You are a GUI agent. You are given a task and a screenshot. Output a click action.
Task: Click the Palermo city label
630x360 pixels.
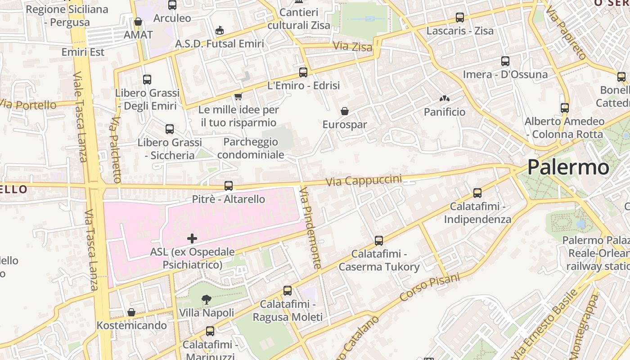click(x=568, y=167)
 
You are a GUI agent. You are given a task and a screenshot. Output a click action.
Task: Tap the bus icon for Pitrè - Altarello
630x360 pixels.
click(x=229, y=185)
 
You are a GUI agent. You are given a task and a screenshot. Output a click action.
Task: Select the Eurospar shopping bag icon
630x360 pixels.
click(x=345, y=111)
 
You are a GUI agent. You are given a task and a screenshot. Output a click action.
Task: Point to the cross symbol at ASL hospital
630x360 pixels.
click(x=192, y=238)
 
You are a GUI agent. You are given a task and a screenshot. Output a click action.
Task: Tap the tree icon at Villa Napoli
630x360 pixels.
click(x=207, y=299)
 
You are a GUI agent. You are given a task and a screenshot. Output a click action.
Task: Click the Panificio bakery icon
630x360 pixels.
click(x=445, y=99)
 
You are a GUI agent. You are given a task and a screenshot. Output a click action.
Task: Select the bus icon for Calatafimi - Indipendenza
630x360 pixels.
click(x=477, y=193)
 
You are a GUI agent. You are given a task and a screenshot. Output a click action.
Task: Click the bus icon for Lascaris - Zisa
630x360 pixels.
click(x=460, y=18)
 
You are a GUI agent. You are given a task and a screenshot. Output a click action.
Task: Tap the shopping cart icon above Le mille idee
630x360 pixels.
click(x=238, y=96)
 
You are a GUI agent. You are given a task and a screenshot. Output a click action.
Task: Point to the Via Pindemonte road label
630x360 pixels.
click(x=311, y=228)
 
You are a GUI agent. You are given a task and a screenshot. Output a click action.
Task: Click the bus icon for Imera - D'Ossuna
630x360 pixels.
click(x=505, y=61)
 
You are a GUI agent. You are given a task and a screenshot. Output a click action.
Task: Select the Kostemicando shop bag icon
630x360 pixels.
click(x=131, y=312)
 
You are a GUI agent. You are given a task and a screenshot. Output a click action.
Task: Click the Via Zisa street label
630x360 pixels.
click(x=352, y=46)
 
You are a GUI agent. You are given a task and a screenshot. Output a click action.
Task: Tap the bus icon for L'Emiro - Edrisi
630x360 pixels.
click(x=303, y=72)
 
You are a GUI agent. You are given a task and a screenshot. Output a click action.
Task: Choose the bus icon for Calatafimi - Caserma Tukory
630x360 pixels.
click(x=379, y=241)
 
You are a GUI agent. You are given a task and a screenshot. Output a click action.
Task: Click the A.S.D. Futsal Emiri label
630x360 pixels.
click(x=220, y=44)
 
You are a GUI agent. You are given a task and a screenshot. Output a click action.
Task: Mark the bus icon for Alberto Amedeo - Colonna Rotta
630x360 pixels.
click(x=565, y=108)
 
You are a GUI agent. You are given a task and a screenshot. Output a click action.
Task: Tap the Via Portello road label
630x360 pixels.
click(x=28, y=105)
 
